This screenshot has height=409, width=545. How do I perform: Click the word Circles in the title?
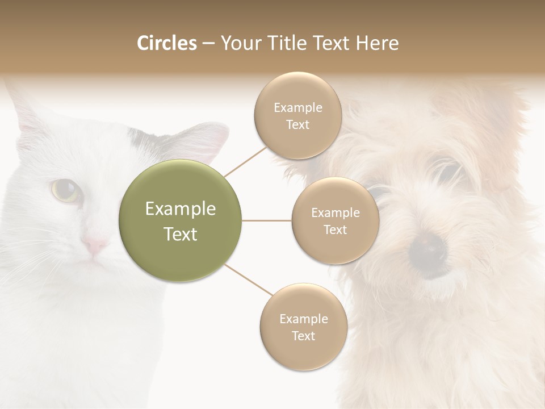[x=166, y=43]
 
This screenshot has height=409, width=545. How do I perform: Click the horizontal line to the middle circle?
[x=267, y=220]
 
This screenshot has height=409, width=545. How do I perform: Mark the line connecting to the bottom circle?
[x=248, y=279]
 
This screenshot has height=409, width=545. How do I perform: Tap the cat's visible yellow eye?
[x=66, y=190]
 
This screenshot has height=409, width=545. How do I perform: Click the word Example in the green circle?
[x=180, y=209]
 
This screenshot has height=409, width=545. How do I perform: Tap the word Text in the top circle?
[x=297, y=124]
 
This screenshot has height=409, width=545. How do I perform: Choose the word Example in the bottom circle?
[x=304, y=319]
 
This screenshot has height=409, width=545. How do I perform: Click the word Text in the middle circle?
[x=336, y=229]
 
